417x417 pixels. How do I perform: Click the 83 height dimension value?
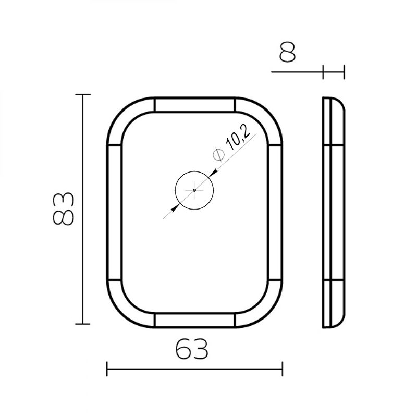(x=63, y=209)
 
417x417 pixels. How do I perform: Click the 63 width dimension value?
(x=191, y=349)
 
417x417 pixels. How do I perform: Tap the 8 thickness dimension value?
(x=287, y=52)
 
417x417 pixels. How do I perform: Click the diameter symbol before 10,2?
(x=218, y=155)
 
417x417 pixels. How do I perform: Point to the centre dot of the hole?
(x=194, y=190)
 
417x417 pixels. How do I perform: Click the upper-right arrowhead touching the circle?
(x=214, y=173)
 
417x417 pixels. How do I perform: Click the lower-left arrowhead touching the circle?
(x=175, y=208)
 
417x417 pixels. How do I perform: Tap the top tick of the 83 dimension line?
(x=83, y=94)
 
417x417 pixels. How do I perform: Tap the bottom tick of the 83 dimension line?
(x=83, y=324)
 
